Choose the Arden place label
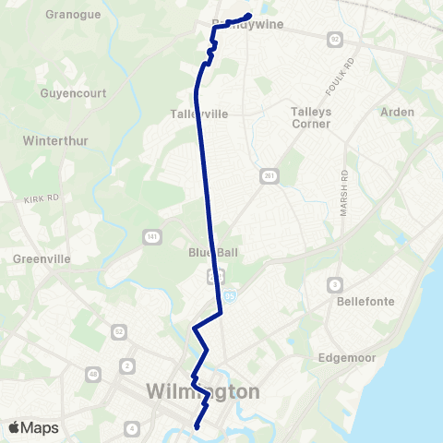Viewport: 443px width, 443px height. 398,112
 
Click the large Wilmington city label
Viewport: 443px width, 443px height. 204,392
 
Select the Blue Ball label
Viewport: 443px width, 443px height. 201,254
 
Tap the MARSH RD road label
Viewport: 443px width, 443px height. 342,194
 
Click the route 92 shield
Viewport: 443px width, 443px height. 333,39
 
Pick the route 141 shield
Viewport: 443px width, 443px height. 150,238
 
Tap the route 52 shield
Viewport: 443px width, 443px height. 119,330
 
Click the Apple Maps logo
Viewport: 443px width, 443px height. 33,428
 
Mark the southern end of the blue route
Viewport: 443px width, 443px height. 197,427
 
